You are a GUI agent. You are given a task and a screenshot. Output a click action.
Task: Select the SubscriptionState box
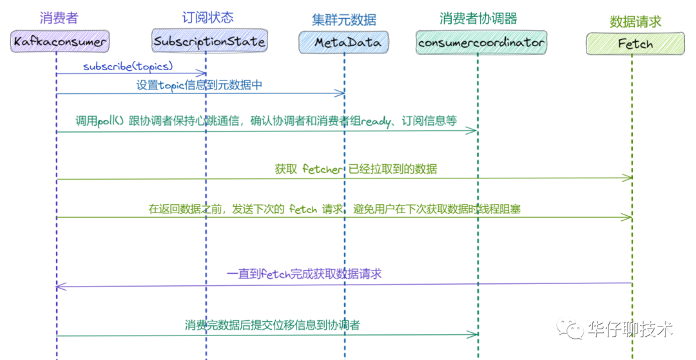[209, 42]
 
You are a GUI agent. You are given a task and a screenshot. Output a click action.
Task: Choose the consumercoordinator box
[481, 43]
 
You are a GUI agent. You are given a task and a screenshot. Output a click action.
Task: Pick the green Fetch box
[635, 44]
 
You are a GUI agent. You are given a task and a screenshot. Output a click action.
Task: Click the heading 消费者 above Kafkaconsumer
[59, 19]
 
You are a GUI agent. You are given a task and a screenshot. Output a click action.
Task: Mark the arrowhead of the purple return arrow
[59, 286]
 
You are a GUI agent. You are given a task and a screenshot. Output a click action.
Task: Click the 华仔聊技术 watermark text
[632, 329]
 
